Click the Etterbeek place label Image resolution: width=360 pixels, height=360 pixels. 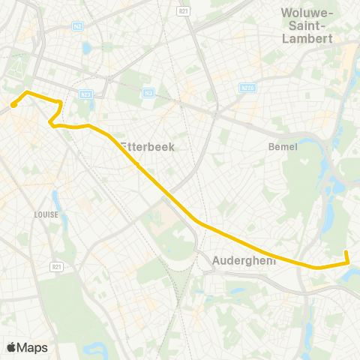(148, 147)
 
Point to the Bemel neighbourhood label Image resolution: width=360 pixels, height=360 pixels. (283, 146)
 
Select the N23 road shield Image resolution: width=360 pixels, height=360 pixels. (85, 94)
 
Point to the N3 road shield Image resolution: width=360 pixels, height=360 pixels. (148, 93)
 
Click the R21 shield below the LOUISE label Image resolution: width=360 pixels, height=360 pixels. (55, 266)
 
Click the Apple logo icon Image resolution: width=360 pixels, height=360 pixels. (11, 347)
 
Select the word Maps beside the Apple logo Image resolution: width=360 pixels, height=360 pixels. (32, 347)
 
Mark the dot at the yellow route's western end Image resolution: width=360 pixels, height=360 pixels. (13, 105)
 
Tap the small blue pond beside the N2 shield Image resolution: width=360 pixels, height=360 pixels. (88, 49)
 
